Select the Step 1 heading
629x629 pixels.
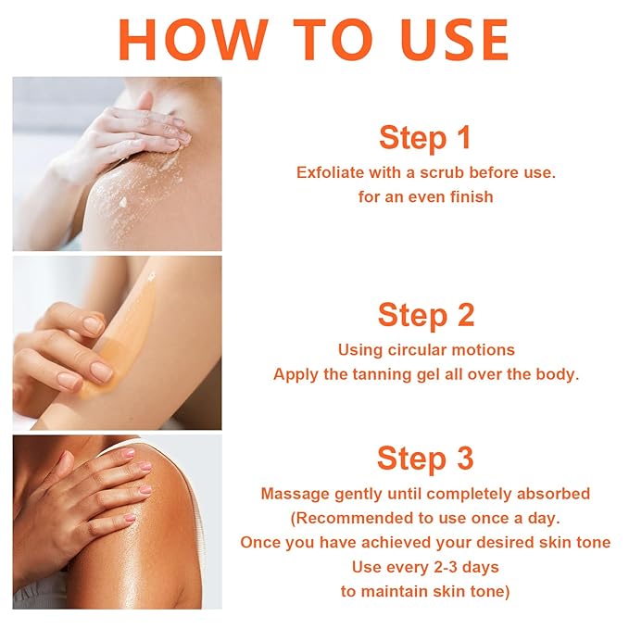coord(425,138)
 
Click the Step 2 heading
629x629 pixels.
coord(425,315)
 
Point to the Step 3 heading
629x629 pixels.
coord(425,458)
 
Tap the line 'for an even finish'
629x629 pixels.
coord(425,196)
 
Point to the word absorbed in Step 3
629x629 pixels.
coord(558,494)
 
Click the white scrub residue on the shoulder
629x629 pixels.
coord(120,199)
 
